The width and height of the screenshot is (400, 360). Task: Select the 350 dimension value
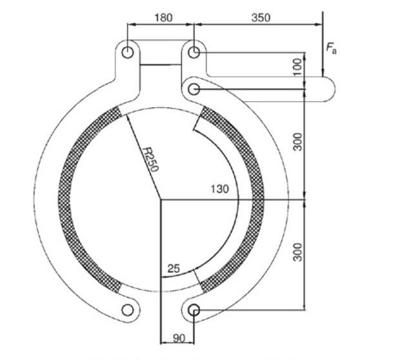point(260,17)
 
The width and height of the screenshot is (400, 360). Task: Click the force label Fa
point(330,48)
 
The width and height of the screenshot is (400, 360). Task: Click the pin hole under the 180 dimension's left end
point(128,52)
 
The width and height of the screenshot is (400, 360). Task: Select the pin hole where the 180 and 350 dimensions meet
point(194,52)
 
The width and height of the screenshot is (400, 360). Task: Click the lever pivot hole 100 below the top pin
point(194,88)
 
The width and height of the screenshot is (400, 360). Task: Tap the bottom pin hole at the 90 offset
point(194,311)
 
